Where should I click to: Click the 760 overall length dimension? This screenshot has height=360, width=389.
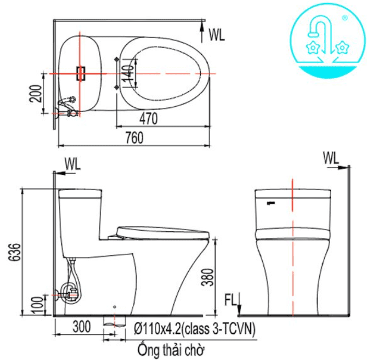[134, 138]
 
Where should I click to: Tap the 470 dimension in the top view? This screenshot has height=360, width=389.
[149, 118]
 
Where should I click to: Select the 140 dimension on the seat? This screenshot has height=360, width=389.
[128, 74]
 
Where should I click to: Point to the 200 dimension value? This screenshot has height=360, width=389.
[35, 93]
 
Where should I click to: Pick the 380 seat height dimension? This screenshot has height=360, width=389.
[208, 277]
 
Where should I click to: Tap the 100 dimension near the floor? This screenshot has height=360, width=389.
[38, 305]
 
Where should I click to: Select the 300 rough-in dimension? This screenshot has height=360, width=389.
[82, 327]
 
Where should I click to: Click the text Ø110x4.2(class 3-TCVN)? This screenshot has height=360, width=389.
[194, 329]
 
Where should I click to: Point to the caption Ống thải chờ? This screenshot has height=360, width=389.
[171, 350]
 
